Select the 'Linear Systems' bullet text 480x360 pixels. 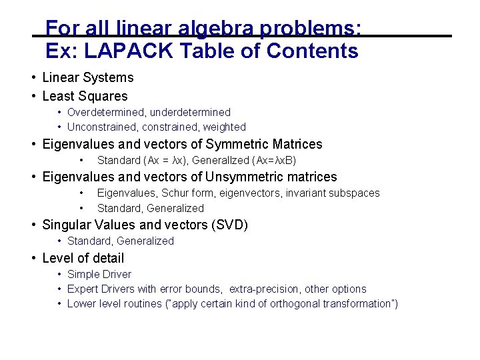(x=87, y=78)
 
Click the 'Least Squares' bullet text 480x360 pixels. (x=85, y=96)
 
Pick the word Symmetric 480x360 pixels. (x=237, y=144)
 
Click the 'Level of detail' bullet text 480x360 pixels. (x=83, y=258)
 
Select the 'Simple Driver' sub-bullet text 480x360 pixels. (x=99, y=274)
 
